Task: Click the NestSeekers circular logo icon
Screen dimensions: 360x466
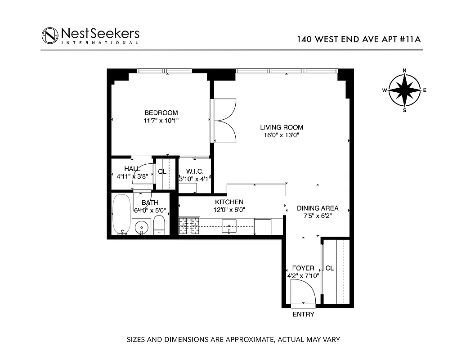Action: [50, 36]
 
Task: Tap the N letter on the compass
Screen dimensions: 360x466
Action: [404, 70]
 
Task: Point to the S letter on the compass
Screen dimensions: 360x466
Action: [404, 110]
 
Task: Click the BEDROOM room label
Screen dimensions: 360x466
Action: [161, 113]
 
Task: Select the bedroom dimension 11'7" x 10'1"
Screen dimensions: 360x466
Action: [161, 121]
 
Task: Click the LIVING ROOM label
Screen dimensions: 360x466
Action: [282, 127]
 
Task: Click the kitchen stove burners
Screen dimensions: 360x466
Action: [189, 226]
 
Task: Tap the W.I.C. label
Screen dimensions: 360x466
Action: [195, 171]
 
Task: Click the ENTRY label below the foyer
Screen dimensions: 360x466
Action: [303, 315]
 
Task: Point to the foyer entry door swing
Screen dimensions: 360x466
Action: [304, 292]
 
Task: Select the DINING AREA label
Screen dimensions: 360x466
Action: [318, 208]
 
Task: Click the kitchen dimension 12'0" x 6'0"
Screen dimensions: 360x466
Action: [229, 210]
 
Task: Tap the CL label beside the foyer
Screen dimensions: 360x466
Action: [330, 268]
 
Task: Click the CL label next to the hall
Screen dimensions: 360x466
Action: [162, 171]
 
